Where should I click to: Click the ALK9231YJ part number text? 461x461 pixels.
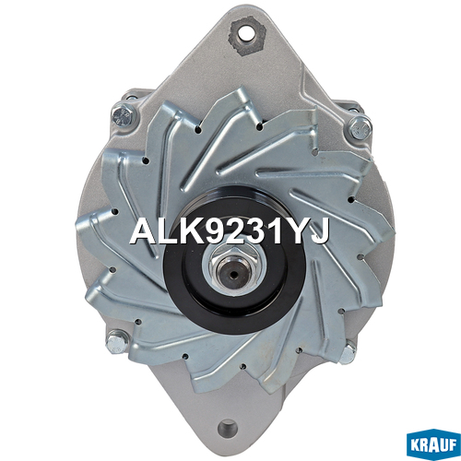tap(230, 231)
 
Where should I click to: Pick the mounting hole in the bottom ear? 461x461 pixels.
tap(228, 428)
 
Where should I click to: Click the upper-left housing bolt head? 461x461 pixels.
tap(124, 115)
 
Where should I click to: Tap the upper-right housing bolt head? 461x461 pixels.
tap(361, 128)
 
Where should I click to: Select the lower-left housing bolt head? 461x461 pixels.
tap(117, 341)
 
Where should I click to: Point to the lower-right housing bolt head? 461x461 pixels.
tap(348, 354)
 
